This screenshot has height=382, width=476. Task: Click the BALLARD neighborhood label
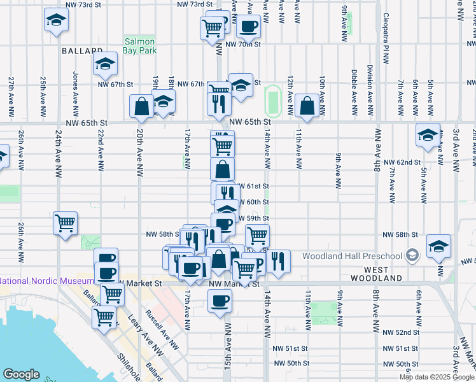coord(82,50)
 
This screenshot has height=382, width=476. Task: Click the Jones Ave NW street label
coord(76,92)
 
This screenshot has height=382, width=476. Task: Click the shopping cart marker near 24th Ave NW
coord(65,223)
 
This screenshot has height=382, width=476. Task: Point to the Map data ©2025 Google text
coord(437,377)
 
